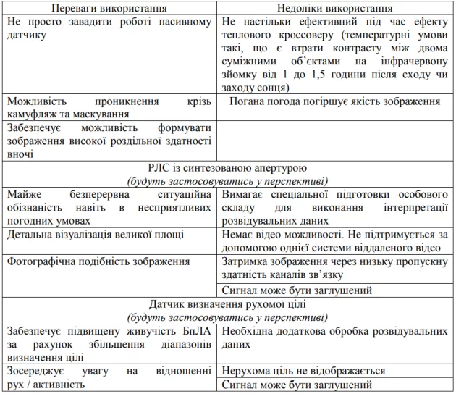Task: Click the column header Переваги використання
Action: tap(110, 8)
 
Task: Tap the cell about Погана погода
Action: tap(335, 101)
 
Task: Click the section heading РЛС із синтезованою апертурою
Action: tap(228, 167)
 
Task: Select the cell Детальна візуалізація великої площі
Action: tap(95, 235)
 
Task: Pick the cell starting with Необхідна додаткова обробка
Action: tap(334, 338)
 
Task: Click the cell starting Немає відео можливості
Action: tap(334, 241)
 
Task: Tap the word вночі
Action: tap(21, 154)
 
